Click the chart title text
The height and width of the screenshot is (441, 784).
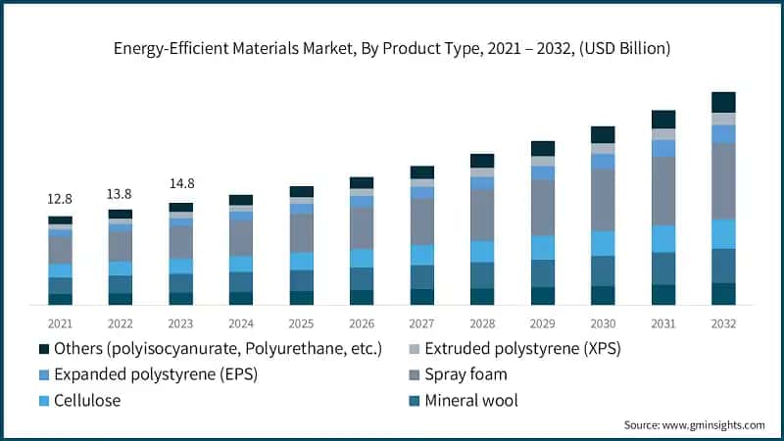click(x=391, y=47)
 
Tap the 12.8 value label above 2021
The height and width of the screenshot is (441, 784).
click(x=60, y=199)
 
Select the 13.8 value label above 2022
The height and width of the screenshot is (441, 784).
click(x=120, y=194)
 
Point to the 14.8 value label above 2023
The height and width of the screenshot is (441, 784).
click(x=180, y=183)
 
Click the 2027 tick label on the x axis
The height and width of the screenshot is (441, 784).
click(x=421, y=323)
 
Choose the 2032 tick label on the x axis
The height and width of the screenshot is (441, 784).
click(x=723, y=323)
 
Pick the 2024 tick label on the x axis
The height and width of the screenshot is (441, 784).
click(x=240, y=323)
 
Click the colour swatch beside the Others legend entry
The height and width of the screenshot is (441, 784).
click(x=43, y=349)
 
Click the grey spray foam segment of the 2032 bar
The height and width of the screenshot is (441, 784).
click(x=723, y=181)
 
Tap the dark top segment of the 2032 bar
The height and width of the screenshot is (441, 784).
click(x=723, y=102)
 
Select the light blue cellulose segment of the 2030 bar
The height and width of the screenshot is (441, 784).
click(x=603, y=243)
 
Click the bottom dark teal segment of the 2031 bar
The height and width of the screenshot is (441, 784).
click(x=663, y=295)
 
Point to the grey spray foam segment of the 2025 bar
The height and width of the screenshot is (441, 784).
click(x=301, y=233)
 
